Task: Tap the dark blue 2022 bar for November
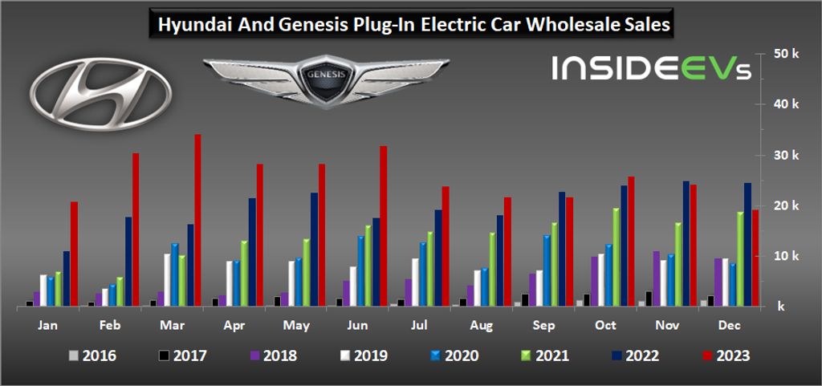(686, 244)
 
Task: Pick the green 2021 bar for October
(616, 257)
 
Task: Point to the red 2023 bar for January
(74, 254)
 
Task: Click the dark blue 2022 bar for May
(314, 249)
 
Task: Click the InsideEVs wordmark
(651, 67)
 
